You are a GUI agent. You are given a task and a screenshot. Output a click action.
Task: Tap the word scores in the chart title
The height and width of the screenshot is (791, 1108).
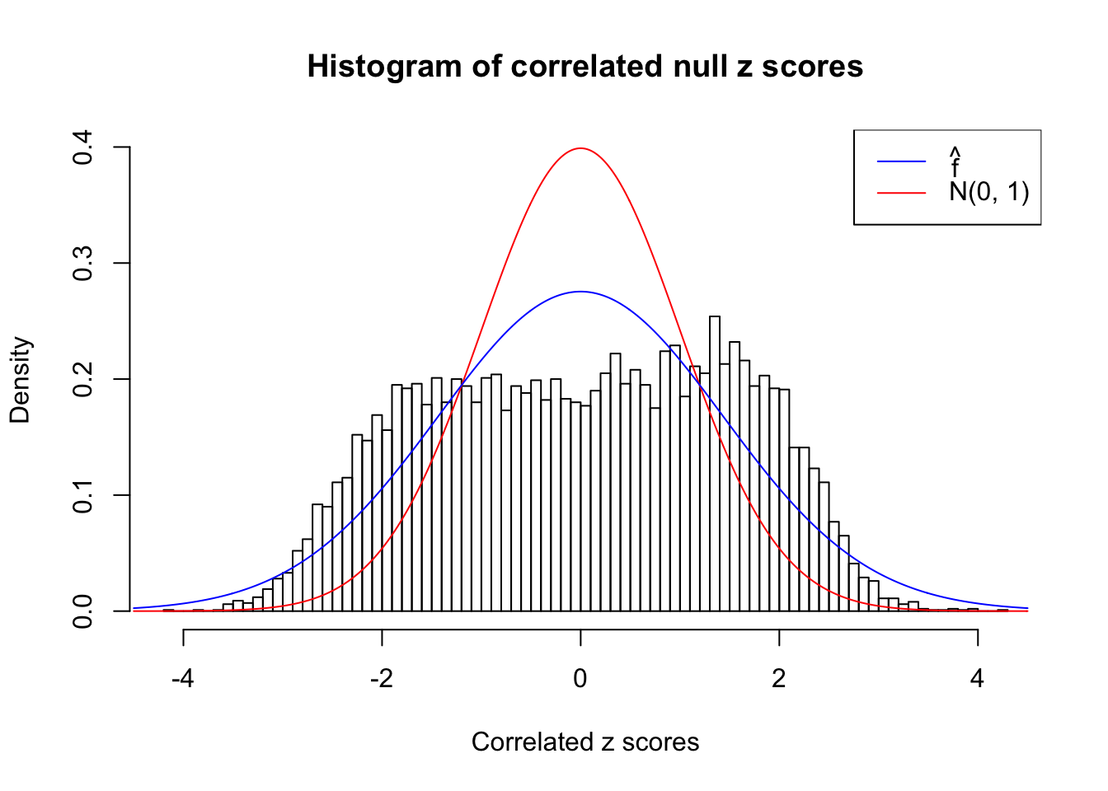(812, 66)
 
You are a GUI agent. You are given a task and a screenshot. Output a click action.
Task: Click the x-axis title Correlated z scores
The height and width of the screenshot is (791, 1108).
(585, 742)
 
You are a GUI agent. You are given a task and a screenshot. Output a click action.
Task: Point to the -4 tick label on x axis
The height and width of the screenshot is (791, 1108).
(182, 679)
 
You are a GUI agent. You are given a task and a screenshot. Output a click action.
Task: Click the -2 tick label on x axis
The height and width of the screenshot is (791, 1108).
(381, 679)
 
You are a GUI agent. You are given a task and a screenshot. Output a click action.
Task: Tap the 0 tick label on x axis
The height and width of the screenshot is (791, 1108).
(580, 679)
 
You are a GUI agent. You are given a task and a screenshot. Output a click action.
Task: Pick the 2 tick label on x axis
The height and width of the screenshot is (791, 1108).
(779, 679)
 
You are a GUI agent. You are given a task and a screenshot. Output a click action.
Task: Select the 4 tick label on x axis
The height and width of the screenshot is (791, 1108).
(978, 679)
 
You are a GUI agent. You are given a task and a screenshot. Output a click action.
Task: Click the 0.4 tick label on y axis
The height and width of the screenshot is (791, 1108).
(82, 147)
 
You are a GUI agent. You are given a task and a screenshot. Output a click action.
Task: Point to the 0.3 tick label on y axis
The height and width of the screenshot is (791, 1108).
(82, 264)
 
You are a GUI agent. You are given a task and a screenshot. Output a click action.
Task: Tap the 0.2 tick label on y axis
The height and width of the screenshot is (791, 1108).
(82, 379)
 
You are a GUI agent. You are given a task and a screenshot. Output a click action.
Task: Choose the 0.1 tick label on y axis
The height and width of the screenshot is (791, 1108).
(82, 495)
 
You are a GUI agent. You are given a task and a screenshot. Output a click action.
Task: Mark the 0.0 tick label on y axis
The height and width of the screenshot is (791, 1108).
(82, 611)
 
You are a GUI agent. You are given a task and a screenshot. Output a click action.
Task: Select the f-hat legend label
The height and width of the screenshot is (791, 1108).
(955, 162)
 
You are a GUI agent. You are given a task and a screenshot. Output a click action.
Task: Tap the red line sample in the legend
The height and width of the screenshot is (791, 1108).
(901, 193)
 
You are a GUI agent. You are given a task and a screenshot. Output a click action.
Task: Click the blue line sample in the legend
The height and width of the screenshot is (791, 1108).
(901, 161)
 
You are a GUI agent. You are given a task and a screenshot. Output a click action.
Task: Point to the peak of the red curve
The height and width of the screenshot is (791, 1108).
(580, 148)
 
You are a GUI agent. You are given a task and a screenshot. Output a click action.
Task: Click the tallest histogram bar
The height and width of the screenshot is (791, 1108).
(715, 461)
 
